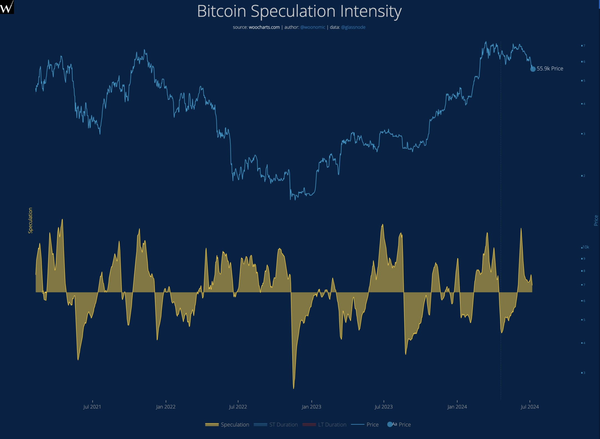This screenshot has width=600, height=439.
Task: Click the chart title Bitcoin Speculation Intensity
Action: pyautogui.click(x=299, y=11)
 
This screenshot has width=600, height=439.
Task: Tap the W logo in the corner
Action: pyautogui.click(x=7, y=7)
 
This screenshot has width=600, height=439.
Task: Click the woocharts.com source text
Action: pyautogui.click(x=264, y=27)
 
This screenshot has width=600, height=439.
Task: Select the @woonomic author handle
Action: pyautogui.click(x=312, y=27)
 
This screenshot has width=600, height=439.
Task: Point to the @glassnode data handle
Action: pyautogui.click(x=353, y=27)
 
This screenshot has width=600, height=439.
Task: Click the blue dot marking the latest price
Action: pyautogui.click(x=533, y=69)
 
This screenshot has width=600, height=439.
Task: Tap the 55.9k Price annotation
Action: pyautogui.click(x=550, y=69)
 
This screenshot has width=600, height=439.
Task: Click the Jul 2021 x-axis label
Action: pyautogui.click(x=92, y=407)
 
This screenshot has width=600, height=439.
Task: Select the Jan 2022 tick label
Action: pyautogui.click(x=166, y=407)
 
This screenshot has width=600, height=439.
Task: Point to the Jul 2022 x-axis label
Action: pyautogui.click(x=238, y=407)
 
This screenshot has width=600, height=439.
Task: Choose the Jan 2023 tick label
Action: pyautogui.click(x=311, y=407)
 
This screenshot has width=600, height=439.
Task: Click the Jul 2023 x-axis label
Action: pyautogui.click(x=383, y=407)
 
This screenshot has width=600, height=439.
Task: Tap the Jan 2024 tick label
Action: pyautogui.click(x=457, y=407)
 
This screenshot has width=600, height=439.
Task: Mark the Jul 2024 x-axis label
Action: pyautogui.click(x=530, y=407)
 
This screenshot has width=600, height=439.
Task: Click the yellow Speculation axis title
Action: pyautogui.click(x=30, y=220)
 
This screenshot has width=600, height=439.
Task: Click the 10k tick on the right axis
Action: pyautogui.click(x=586, y=247)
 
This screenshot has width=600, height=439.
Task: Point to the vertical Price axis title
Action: pyautogui.click(x=596, y=220)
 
